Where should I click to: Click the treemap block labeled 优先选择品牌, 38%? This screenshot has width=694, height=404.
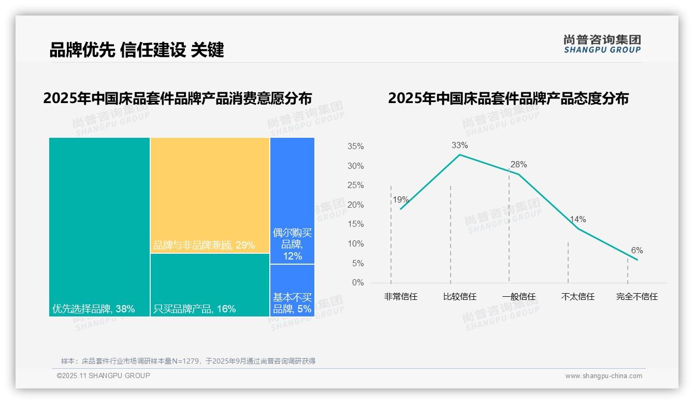pos(99,226)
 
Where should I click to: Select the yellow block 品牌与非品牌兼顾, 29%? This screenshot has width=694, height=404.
pos(210,195)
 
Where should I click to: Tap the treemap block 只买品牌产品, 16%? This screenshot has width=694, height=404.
pos(210,284)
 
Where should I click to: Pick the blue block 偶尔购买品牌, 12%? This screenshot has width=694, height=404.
pos(292,200)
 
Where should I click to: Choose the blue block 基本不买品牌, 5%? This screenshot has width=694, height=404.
pos(292,291)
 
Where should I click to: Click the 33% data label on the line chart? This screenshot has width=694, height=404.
pos(459,146)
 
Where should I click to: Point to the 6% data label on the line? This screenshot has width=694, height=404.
pos(637,251)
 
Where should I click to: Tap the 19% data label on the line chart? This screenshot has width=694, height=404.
pos(400,200)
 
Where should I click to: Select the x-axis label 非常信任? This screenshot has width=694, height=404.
pos(400,297)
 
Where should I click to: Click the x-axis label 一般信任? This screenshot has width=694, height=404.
pos(518,297)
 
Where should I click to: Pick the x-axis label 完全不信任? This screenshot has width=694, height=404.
pos(637,297)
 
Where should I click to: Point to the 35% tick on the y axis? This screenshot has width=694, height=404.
pos(355,147)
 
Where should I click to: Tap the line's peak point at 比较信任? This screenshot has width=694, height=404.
pos(459,154)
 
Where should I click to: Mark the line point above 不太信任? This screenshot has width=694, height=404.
pos(578,228)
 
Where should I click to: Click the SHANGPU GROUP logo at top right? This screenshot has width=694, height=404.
pos(602,44)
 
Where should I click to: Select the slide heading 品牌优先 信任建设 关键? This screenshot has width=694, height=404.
pos(137,50)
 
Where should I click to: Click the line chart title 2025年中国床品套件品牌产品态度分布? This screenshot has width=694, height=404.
pos(508,98)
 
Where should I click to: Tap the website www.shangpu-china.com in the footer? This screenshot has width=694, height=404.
pos(603,376)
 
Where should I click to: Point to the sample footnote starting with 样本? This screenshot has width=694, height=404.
pos(188,361)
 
